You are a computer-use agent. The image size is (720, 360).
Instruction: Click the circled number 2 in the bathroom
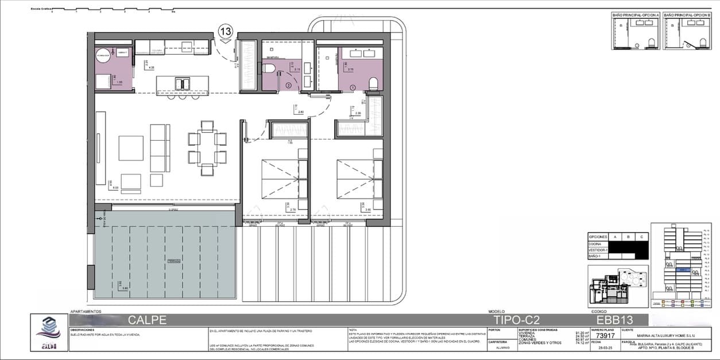click(x=288, y=86)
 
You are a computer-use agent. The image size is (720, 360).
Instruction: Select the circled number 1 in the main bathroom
click(x=353, y=87)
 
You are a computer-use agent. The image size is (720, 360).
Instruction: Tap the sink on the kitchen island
click(x=183, y=84)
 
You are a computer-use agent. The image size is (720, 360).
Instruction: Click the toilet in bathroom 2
click(x=268, y=69)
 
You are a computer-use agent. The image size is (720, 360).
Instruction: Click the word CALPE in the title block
click(x=147, y=320)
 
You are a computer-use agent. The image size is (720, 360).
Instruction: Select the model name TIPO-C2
click(x=517, y=320)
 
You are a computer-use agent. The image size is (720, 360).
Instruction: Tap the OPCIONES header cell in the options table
click(x=598, y=237)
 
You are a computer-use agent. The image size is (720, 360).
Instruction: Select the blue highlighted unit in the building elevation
click(x=683, y=269)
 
